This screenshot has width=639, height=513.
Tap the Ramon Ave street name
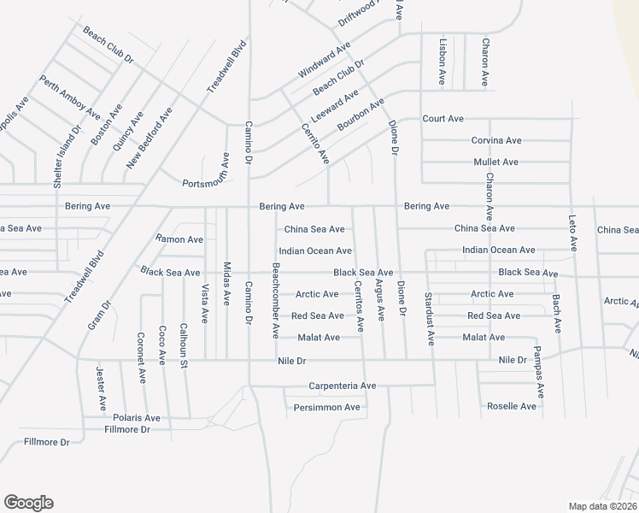tap(179, 239)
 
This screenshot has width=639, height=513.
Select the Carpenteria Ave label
tap(343, 386)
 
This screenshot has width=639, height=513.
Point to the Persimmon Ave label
tap(327, 408)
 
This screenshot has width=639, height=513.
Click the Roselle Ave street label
tap(512, 406)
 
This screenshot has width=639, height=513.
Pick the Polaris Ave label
tap(137, 418)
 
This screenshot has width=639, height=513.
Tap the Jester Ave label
tap(102, 387)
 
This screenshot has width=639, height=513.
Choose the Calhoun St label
tap(184, 345)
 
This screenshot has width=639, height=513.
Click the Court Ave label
tap(443, 119)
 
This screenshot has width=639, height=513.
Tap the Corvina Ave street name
tap(496, 140)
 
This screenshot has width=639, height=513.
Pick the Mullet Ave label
tap(496, 162)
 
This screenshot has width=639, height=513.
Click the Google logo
tap(29, 503)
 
